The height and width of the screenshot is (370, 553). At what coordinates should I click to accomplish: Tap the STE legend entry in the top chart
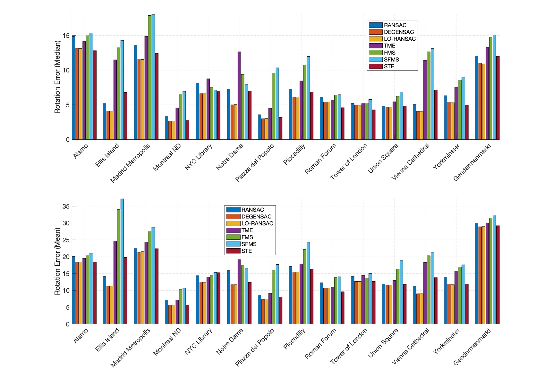point(389,66)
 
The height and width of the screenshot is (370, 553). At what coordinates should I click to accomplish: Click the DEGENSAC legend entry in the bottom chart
point(256,217)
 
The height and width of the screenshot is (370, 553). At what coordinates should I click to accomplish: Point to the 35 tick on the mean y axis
point(66,206)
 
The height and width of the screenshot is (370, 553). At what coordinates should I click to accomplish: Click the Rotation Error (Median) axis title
point(57,77)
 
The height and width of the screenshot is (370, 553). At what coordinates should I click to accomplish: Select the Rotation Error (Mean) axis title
point(57,261)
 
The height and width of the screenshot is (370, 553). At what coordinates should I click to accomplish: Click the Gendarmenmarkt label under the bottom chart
point(472,347)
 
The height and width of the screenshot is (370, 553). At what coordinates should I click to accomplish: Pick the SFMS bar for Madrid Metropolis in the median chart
point(153,77)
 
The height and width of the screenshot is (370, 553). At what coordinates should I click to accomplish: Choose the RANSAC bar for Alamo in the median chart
point(73,88)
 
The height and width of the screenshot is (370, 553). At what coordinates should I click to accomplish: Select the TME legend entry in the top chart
point(389,46)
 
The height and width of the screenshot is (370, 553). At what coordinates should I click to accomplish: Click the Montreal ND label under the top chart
point(167,157)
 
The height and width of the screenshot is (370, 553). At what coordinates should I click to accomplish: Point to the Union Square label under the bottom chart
point(383,343)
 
